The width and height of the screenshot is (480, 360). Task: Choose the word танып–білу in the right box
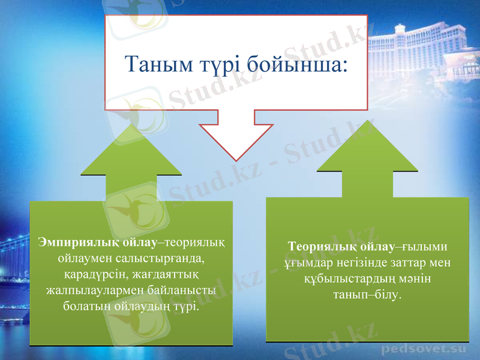point(368,295)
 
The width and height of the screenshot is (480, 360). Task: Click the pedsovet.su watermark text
point(424,347)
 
